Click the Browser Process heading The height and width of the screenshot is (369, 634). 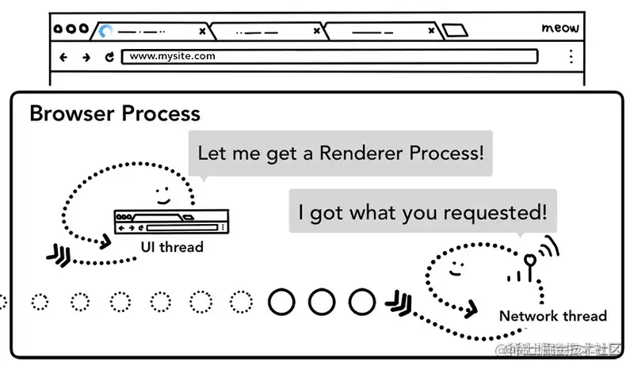[x=115, y=113]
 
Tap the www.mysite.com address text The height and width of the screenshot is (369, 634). [x=172, y=56]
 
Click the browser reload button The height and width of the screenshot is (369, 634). [x=109, y=57]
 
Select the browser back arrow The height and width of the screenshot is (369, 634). [x=64, y=57]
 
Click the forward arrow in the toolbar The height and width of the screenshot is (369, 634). [x=86, y=57]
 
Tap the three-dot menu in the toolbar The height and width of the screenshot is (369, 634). [x=571, y=57]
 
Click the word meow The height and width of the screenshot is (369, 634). [x=560, y=29]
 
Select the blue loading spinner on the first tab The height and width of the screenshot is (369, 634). [x=105, y=32]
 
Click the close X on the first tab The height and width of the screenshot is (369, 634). [x=202, y=32]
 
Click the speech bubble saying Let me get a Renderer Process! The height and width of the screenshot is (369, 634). [x=340, y=153]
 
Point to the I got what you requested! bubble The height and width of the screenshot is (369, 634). [x=422, y=212]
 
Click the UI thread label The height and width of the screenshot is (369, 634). [x=172, y=247]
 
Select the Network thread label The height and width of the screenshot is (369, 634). [x=552, y=316]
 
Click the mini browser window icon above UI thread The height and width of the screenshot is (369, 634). [x=171, y=221]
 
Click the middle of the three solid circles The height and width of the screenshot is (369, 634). [x=321, y=301]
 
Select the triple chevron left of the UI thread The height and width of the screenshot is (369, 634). [x=59, y=253]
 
